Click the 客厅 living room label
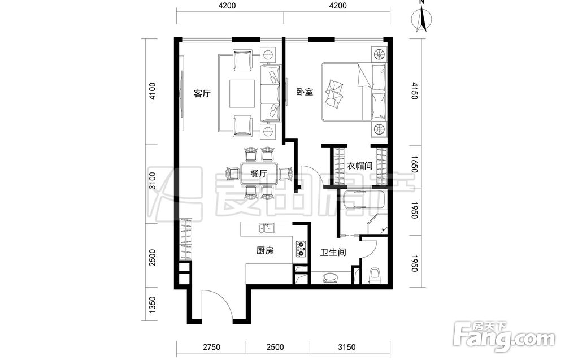click(x=202, y=93)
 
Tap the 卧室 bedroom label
click(x=305, y=92)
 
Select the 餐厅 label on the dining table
click(x=259, y=174)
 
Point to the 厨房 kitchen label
click(x=265, y=250)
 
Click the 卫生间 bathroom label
click(x=333, y=252)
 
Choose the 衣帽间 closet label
click(x=359, y=166)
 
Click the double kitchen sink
click(x=266, y=228)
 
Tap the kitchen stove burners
click(x=301, y=249)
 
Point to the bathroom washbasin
click(x=330, y=277)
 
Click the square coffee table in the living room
click(x=243, y=93)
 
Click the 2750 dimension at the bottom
click(x=211, y=348)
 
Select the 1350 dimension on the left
click(x=153, y=304)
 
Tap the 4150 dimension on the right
click(x=414, y=91)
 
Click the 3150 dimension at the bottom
click(x=347, y=348)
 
